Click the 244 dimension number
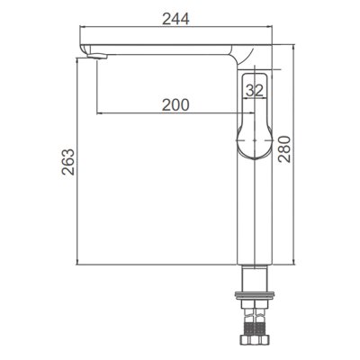[x=175, y=19]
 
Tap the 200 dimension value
[x=175, y=104]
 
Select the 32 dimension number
[x=255, y=90]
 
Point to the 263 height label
[x=67, y=162]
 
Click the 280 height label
[x=284, y=149]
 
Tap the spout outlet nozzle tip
[x=96, y=56]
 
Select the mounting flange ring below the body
[x=255, y=294]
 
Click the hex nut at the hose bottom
[x=255, y=340]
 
